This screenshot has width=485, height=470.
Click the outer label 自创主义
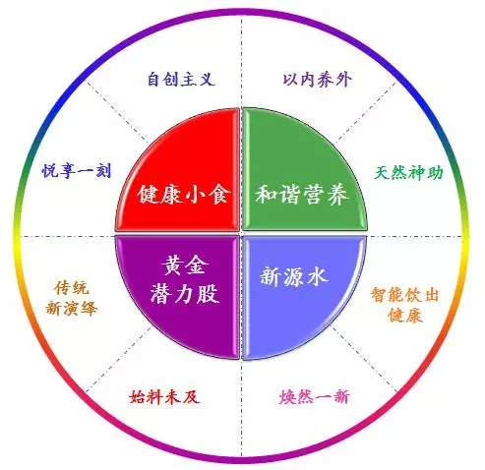(181, 80)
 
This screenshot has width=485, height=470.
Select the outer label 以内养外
(317, 80)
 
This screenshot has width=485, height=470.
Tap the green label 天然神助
(408, 172)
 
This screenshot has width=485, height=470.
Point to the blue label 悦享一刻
(77, 170)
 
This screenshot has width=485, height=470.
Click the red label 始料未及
(164, 397)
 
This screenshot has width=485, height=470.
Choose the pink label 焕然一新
(314, 397)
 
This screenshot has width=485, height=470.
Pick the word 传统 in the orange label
(71, 288)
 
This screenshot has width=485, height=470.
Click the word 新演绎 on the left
(71, 308)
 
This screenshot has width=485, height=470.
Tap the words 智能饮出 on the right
(404, 295)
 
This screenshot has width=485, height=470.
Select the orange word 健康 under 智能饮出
(404, 316)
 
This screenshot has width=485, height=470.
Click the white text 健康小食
(184, 194)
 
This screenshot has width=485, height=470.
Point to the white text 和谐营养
(302, 194)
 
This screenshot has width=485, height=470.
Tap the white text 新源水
(294, 276)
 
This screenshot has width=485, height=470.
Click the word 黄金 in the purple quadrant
(185, 264)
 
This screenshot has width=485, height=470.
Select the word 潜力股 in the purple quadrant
(185, 293)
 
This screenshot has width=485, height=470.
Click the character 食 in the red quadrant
(219, 194)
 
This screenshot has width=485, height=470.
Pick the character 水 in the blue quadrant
(318, 276)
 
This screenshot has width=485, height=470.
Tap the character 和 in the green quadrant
(267, 194)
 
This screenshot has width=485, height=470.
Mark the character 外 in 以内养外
(343, 80)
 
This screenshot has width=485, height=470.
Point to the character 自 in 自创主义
(154, 80)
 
